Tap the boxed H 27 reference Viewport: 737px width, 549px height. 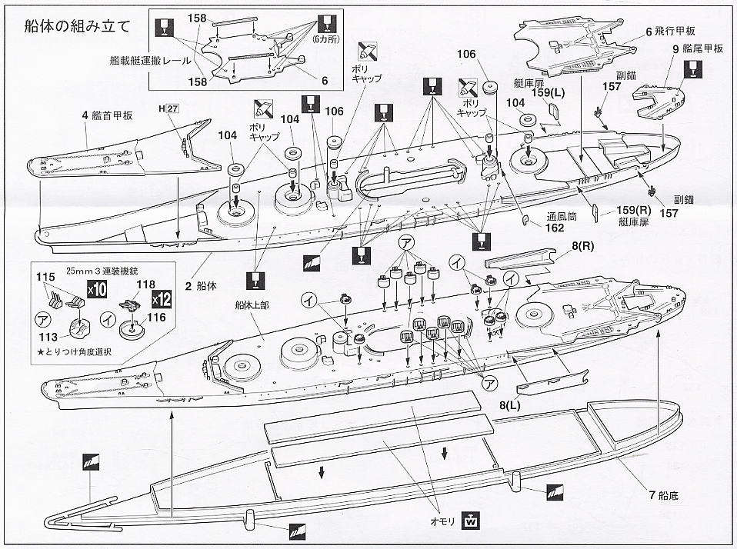168,108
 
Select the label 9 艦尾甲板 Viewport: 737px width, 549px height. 698,48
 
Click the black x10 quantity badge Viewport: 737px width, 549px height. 96,290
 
